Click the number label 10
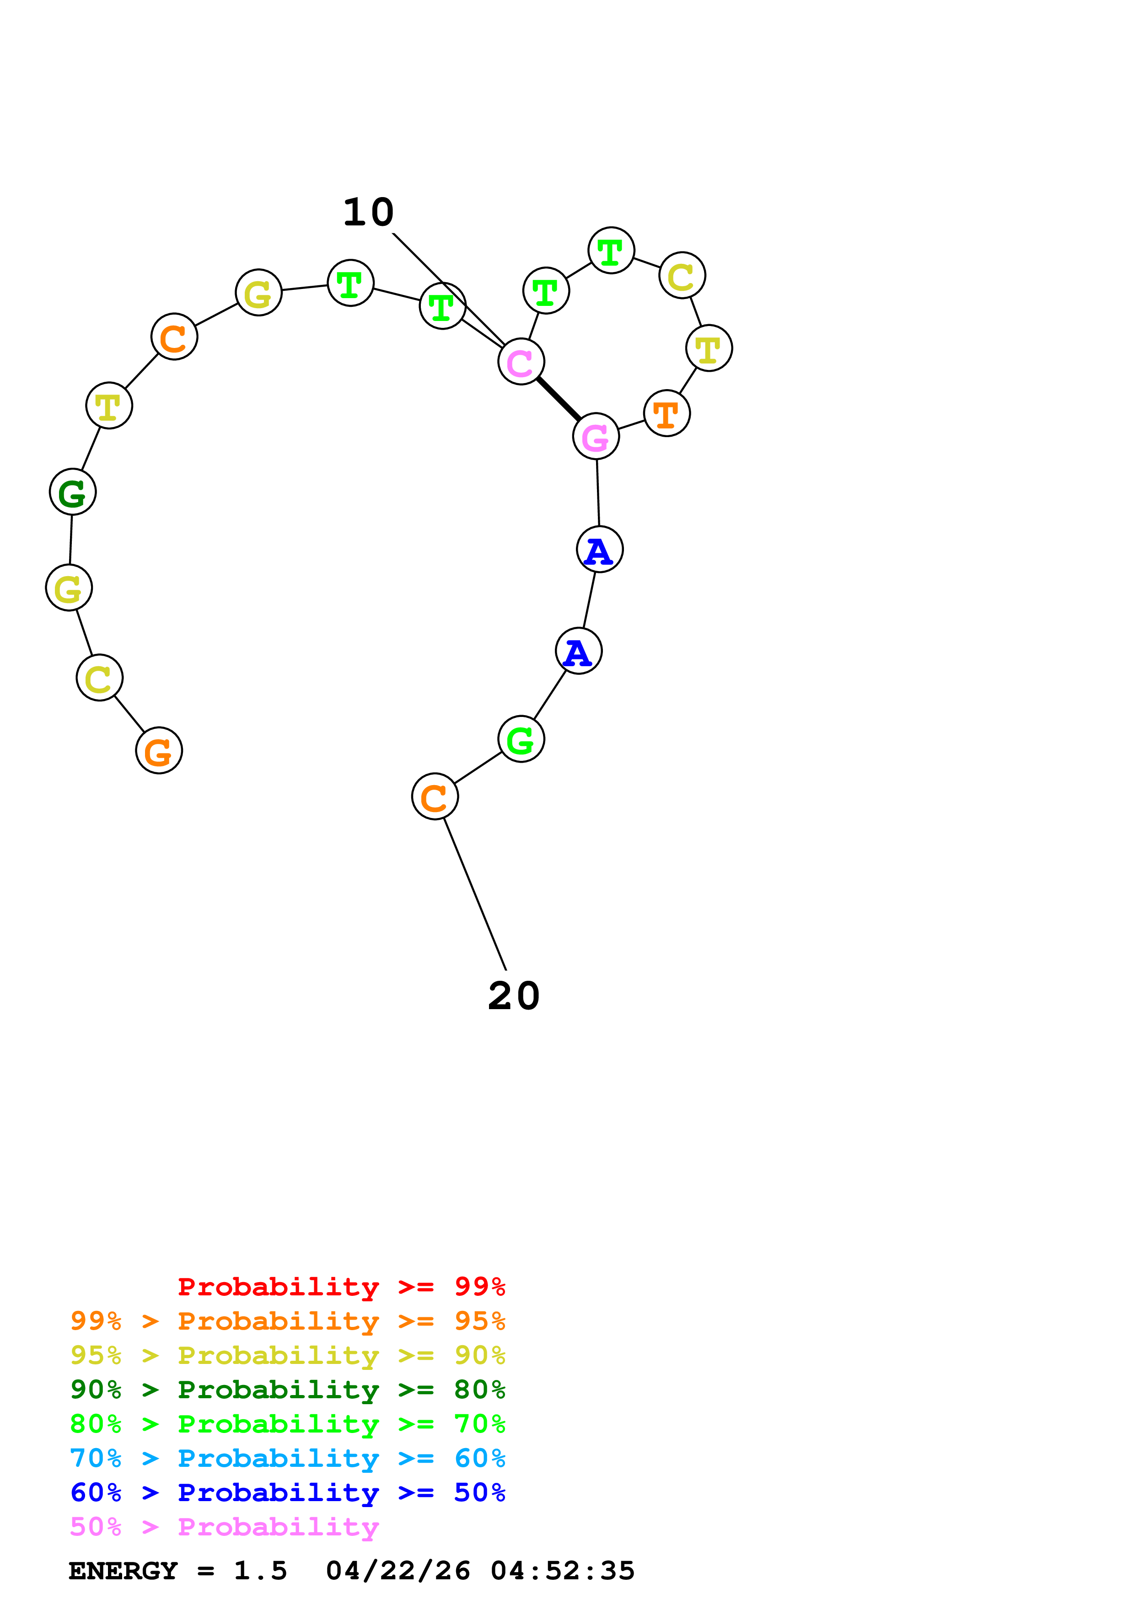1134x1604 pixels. tap(368, 212)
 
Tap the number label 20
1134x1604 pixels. tap(514, 996)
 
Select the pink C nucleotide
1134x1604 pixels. tap(521, 362)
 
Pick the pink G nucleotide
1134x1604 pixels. tap(595, 437)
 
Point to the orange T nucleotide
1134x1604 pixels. tap(666, 414)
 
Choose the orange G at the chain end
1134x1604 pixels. tap(159, 751)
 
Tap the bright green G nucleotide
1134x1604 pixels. tap(521, 739)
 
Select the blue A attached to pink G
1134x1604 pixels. tap(600, 550)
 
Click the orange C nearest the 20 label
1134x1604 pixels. tap(435, 797)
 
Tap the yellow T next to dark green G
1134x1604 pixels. tap(109, 406)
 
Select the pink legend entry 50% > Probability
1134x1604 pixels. tap(224, 1527)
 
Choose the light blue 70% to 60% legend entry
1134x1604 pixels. tap(287, 1459)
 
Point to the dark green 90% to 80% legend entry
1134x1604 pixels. tap(287, 1390)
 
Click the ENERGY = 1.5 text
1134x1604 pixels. tap(177, 1571)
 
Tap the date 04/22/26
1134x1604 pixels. tap(398, 1571)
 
